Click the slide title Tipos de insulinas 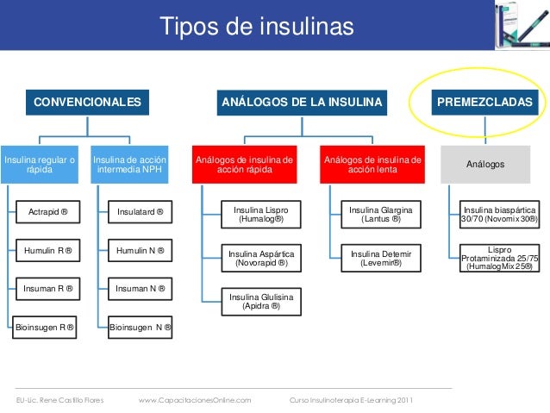click(x=257, y=26)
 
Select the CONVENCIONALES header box click(x=86, y=103)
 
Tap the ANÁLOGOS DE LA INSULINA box click(x=302, y=103)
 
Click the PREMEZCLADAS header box click(x=485, y=103)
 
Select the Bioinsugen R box click(x=44, y=328)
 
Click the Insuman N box click(x=141, y=287)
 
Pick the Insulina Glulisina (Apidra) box click(x=260, y=301)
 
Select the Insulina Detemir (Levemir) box click(x=380, y=257)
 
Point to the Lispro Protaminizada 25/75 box click(x=499, y=258)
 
